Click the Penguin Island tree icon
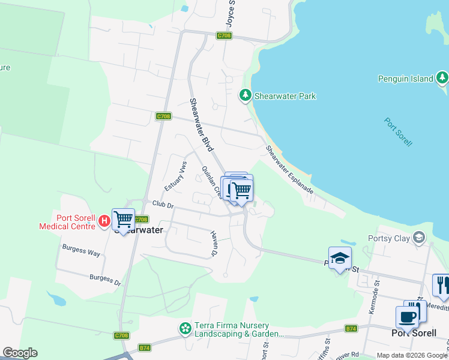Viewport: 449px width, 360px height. click(x=442, y=78)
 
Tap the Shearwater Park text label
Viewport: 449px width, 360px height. click(x=285, y=96)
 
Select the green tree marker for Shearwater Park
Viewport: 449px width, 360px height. click(x=245, y=95)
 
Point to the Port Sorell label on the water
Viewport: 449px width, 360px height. click(x=399, y=131)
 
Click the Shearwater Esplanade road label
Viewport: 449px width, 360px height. click(x=289, y=169)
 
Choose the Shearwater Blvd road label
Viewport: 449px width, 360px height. click(x=202, y=124)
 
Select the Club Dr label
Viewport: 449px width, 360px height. click(x=162, y=205)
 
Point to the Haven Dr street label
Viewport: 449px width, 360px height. click(x=214, y=244)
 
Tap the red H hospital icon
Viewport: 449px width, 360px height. click(x=104, y=221)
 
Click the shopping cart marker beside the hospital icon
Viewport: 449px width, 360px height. click(x=124, y=220)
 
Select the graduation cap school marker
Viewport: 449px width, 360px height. click(x=340, y=258)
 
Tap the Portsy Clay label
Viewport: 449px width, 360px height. click(x=393, y=239)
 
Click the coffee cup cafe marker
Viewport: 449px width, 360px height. click(x=407, y=317)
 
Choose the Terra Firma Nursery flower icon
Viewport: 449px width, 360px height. click(x=185, y=329)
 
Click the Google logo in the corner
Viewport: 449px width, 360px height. click(x=20, y=353)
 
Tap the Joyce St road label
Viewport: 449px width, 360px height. click(x=230, y=13)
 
